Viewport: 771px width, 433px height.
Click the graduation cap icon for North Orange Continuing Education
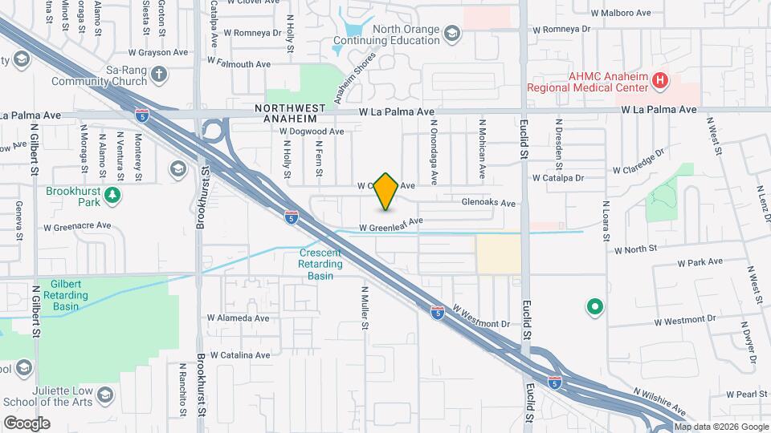(x=452, y=33)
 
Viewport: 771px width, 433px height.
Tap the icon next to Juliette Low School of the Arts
(x=105, y=395)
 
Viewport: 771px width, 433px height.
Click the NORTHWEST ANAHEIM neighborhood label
(x=291, y=113)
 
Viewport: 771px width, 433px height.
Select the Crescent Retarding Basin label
(x=320, y=264)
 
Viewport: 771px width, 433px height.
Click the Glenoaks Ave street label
(x=488, y=204)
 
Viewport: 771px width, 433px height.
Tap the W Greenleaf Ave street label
(x=390, y=225)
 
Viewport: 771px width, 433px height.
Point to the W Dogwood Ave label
(x=312, y=132)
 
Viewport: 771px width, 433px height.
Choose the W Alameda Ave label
(x=239, y=318)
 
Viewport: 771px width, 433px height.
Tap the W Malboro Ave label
(x=621, y=14)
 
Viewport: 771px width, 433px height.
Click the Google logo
(x=27, y=423)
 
